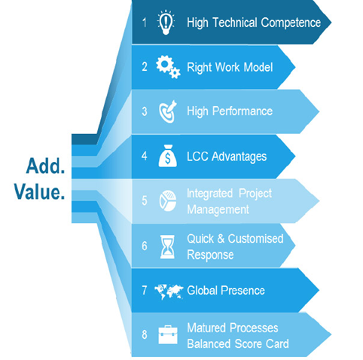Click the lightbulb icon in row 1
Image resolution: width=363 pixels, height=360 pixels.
166,23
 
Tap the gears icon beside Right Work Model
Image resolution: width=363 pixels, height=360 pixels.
168,66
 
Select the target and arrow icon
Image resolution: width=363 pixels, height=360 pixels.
168,111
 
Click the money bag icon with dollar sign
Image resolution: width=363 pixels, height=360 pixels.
168,156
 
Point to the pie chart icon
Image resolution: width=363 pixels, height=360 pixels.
168,201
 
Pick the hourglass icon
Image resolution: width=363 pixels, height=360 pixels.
167,246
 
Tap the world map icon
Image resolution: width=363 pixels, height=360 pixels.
169,291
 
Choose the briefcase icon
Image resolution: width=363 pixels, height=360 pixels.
168,334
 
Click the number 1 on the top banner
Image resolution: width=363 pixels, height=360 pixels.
145,23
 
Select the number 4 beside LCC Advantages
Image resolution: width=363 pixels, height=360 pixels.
145,156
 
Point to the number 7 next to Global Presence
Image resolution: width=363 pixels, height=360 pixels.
145,290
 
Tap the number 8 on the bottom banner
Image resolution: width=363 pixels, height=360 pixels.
145,334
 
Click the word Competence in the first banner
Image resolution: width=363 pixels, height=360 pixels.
291,23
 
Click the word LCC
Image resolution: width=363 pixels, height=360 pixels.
197,156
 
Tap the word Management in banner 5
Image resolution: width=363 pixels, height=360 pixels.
218,209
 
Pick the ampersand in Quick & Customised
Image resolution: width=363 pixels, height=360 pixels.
221,239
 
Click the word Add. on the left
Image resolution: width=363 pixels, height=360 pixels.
45,166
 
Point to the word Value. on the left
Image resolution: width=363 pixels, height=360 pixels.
39,192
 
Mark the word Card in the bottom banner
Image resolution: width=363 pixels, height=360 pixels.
277,343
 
